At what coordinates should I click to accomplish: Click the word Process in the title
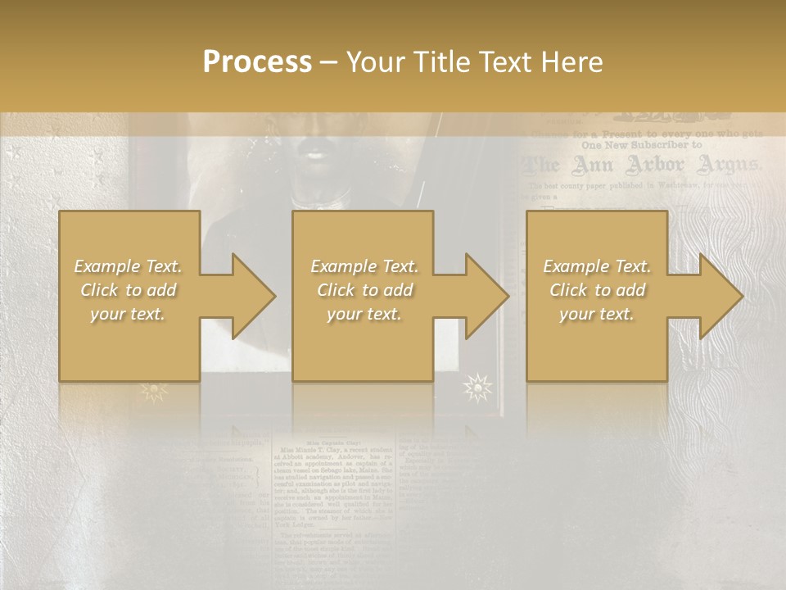click(x=257, y=62)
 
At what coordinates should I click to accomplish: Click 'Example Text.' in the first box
click(x=128, y=266)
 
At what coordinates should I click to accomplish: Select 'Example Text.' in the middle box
click(x=364, y=266)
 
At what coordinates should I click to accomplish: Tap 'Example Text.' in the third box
click(x=597, y=266)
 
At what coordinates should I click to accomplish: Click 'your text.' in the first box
click(x=128, y=314)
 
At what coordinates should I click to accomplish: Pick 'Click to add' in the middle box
click(x=364, y=290)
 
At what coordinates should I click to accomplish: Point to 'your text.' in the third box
click(x=597, y=314)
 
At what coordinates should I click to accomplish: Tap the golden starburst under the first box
click(x=153, y=391)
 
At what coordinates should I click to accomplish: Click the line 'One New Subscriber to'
click(x=641, y=144)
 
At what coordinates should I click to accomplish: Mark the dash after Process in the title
click(x=328, y=63)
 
